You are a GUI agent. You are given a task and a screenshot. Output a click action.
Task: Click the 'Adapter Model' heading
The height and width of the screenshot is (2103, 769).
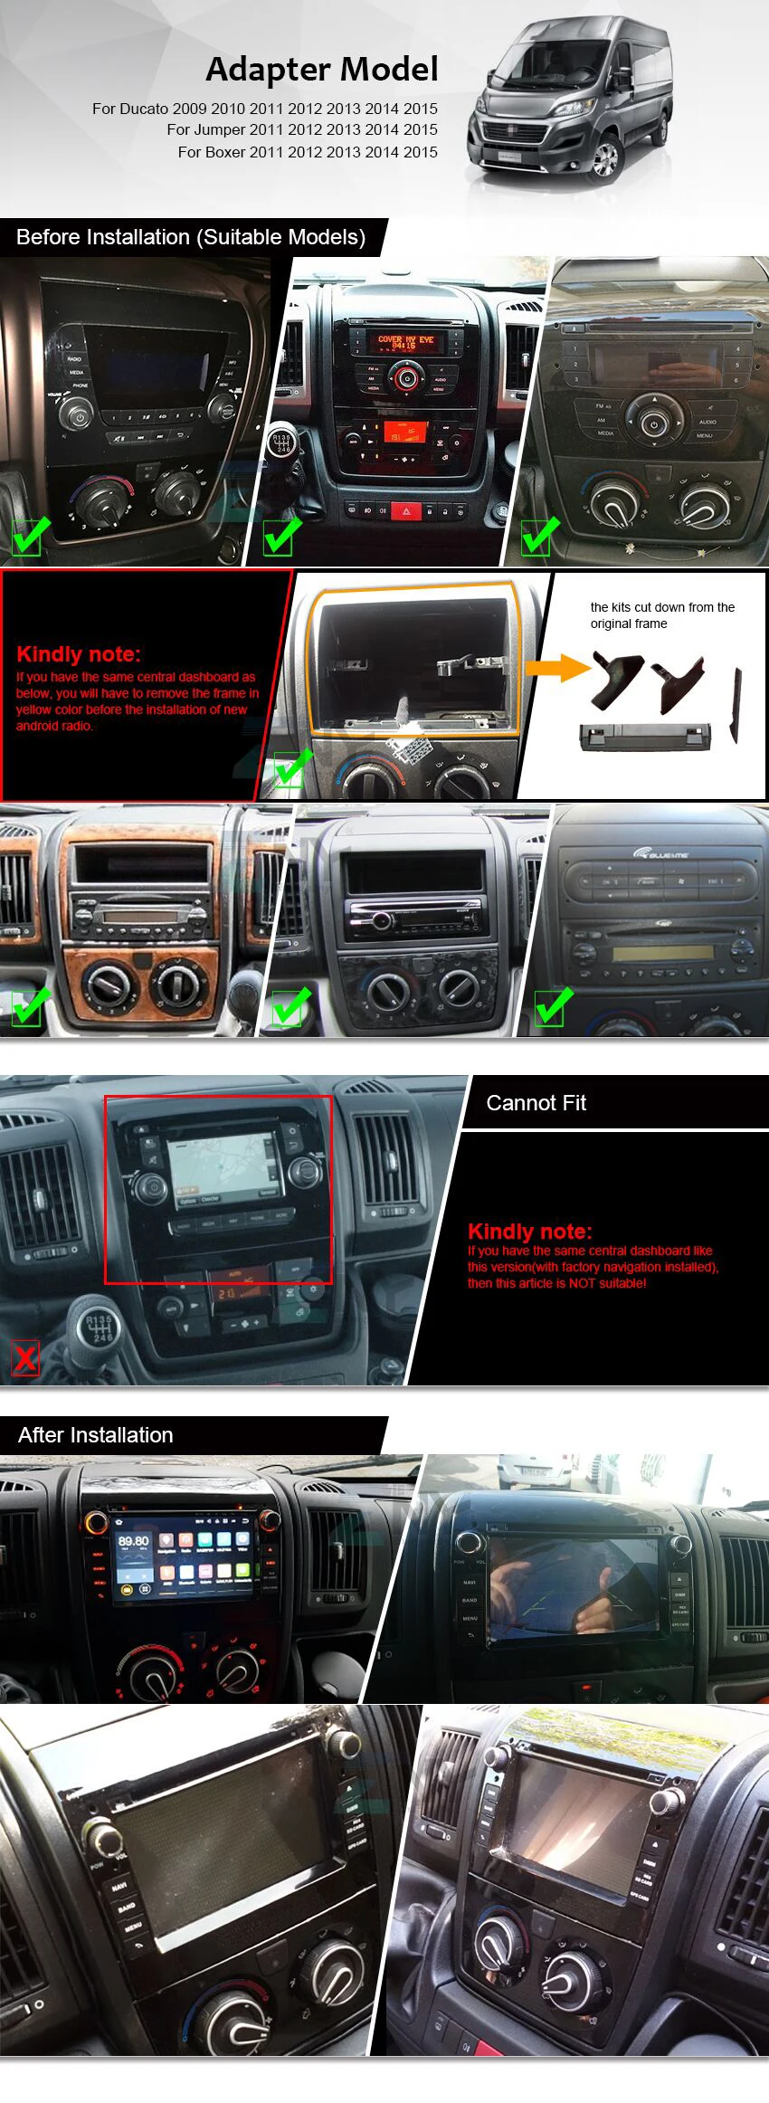[x=322, y=69]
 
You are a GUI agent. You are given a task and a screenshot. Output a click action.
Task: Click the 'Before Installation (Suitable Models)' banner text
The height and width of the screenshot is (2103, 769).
[x=191, y=237]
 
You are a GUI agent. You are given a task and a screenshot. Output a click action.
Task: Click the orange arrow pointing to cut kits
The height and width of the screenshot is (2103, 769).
[x=557, y=668]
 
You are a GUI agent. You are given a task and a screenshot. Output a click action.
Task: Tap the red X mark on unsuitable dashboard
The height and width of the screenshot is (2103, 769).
[x=25, y=1358]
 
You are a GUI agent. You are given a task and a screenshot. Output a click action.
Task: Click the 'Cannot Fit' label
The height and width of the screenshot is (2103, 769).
[x=536, y=1103]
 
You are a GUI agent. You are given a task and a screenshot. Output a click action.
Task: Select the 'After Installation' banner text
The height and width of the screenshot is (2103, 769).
[x=96, y=1435]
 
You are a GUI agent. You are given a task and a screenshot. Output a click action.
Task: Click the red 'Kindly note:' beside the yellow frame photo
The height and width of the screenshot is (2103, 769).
[x=79, y=654]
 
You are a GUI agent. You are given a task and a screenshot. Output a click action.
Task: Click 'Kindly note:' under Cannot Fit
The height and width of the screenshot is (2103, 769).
[x=530, y=1232]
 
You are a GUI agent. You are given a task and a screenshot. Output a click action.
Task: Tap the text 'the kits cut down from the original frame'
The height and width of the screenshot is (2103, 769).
[x=662, y=615]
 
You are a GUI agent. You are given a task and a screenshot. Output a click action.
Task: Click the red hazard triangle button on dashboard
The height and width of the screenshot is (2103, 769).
[x=405, y=511]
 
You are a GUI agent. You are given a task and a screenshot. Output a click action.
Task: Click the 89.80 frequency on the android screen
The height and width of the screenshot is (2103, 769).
[x=134, y=1541]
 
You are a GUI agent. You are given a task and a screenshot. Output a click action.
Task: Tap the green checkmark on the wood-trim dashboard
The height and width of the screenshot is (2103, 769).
[x=29, y=1006]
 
